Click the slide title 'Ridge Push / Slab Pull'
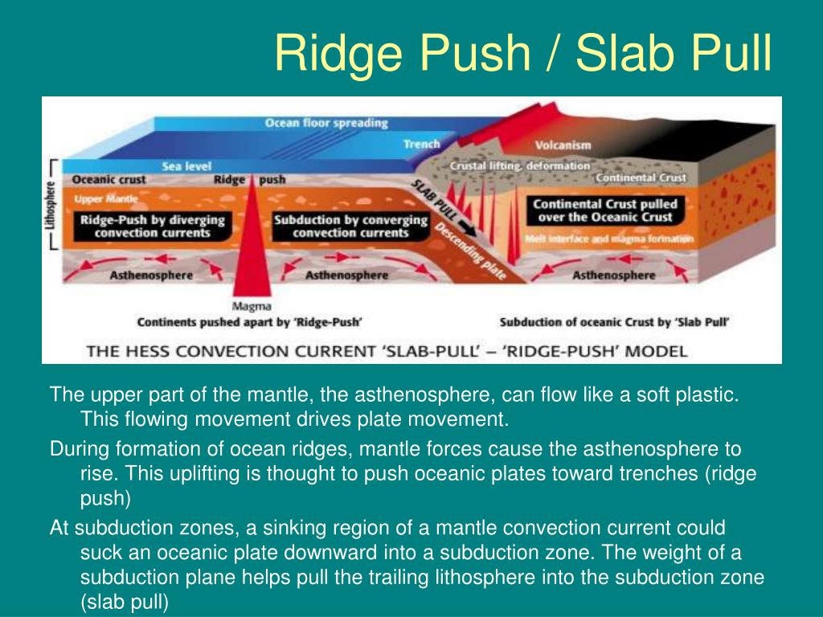click(522, 54)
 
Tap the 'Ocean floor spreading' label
click(326, 124)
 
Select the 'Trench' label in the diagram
click(421, 145)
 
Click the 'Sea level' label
click(186, 166)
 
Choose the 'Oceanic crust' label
click(109, 180)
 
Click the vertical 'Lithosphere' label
click(50, 205)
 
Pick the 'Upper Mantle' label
click(100, 198)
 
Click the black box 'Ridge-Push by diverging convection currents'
click(152, 226)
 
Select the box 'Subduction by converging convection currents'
click(350, 226)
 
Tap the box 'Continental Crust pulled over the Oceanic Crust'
click(605, 211)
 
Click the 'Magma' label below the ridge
click(252, 306)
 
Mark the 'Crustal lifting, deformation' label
click(519, 166)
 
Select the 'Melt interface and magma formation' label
click(608, 239)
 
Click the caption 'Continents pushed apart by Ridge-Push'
click(249, 323)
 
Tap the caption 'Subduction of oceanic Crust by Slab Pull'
click(614, 323)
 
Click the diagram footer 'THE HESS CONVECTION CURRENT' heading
click(386, 351)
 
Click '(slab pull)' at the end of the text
click(125, 602)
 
